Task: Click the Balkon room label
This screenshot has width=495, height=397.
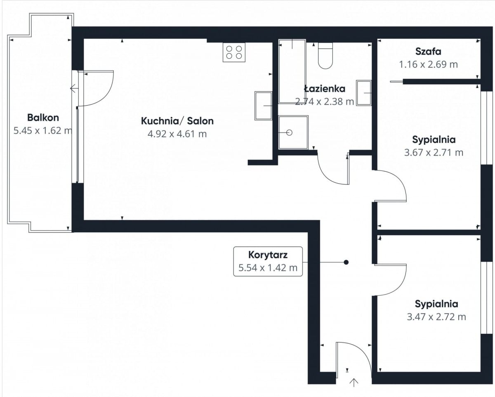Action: [x=43, y=118]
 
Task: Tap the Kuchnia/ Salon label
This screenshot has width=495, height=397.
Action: [x=177, y=121]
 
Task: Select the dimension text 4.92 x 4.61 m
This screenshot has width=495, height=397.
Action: [x=177, y=134]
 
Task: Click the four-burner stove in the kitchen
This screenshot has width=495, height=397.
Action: [x=234, y=52]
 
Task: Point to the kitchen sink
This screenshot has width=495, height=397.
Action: [x=263, y=106]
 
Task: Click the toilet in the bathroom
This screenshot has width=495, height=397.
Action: [x=325, y=56]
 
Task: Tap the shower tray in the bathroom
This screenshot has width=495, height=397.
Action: [x=293, y=132]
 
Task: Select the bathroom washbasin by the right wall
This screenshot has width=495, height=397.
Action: [x=364, y=93]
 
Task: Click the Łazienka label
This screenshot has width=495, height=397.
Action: [x=325, y=89]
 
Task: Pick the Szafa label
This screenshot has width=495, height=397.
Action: [x=428, y=52]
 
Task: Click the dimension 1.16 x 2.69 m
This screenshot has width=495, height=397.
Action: [x=428, y=64]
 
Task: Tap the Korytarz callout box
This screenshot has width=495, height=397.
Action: [x=268, y=262]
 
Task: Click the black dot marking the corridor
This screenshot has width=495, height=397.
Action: [x=346, y=262]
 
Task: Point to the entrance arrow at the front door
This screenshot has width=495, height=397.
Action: [x=354, y=383]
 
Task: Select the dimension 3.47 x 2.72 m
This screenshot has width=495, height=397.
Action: [x=436, y=317]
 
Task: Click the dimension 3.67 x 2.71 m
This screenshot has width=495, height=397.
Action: [x=434, y=153]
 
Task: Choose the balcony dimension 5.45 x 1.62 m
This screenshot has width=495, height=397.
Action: [x=43, y=131]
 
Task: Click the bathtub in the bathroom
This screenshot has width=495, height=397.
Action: [x=292, y=71]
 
